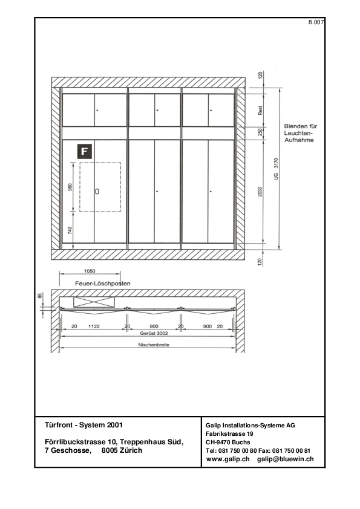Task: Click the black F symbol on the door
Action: pos(85,151)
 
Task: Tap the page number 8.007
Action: pos(316,22)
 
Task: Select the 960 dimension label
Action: pos(70,187)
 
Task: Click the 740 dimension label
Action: pos(70,230)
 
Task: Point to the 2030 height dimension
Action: pos(260,192)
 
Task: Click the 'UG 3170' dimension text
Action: pos(276,169)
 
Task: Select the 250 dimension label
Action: pos(260,132)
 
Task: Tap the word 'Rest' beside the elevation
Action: pos(260,111)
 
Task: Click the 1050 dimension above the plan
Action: pos(90,271)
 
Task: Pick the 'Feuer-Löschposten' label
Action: pos(103,284)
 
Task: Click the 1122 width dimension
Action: pos(94,326)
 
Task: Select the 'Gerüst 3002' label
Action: pos(154,333)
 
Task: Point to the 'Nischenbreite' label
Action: pos(154,345)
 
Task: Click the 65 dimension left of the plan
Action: pos(40,296)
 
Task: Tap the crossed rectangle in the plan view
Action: pos(94,302)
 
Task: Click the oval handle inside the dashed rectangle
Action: pos(97,192)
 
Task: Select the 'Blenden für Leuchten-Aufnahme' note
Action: pos(300,133)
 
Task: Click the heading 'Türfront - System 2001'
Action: pos(84,425)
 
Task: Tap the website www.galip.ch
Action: pos(227,459)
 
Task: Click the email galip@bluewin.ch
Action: pos(285,459)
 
